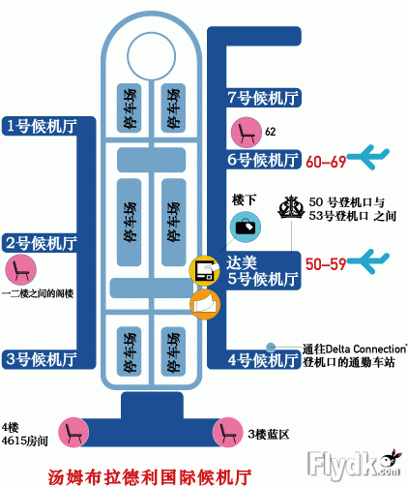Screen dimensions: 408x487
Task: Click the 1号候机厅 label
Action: coord(42,126)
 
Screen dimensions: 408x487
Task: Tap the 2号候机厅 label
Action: coord(42,243)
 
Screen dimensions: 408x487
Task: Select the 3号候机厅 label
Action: coord(42,359)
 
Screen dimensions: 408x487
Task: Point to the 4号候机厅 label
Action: coord(263,360)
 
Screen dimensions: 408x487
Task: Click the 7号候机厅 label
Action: coord(263,98)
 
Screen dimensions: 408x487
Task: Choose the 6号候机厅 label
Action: coord(263,160)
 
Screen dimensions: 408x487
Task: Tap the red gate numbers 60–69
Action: coord(326,162)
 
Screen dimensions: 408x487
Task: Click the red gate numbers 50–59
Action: coord(326,264)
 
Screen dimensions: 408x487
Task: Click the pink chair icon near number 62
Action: coord(247,133)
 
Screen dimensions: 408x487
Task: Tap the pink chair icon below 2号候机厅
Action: coord(21,270)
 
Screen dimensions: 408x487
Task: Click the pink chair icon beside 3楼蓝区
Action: coord(227,432)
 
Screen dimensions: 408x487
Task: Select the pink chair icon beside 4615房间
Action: coord(73,432)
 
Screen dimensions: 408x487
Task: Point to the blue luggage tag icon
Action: coord(246,227)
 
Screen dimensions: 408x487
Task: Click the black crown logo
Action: coord(291,207)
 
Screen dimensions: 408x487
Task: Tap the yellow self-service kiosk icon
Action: coord(205,270)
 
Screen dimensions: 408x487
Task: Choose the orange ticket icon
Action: coord(205,304)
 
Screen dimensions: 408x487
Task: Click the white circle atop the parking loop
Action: coord(151,56)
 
